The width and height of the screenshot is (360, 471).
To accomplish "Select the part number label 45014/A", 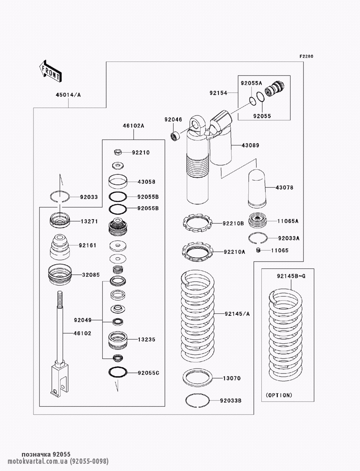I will (68, 95).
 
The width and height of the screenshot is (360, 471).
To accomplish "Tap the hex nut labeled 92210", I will (117, 152).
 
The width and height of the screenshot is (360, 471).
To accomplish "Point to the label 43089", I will (250, 145).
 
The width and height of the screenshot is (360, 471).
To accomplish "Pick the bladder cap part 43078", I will (256, 188).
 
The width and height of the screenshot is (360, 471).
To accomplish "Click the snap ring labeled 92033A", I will (258, 238).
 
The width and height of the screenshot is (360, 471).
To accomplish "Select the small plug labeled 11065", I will (258, 250).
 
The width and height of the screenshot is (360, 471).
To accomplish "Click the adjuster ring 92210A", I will (198, 252).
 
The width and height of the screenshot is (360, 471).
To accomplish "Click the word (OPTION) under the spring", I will (279, 395).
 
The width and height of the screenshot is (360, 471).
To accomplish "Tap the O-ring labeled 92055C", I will (118, 372).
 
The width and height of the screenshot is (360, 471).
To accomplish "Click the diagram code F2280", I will (307, 56).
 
